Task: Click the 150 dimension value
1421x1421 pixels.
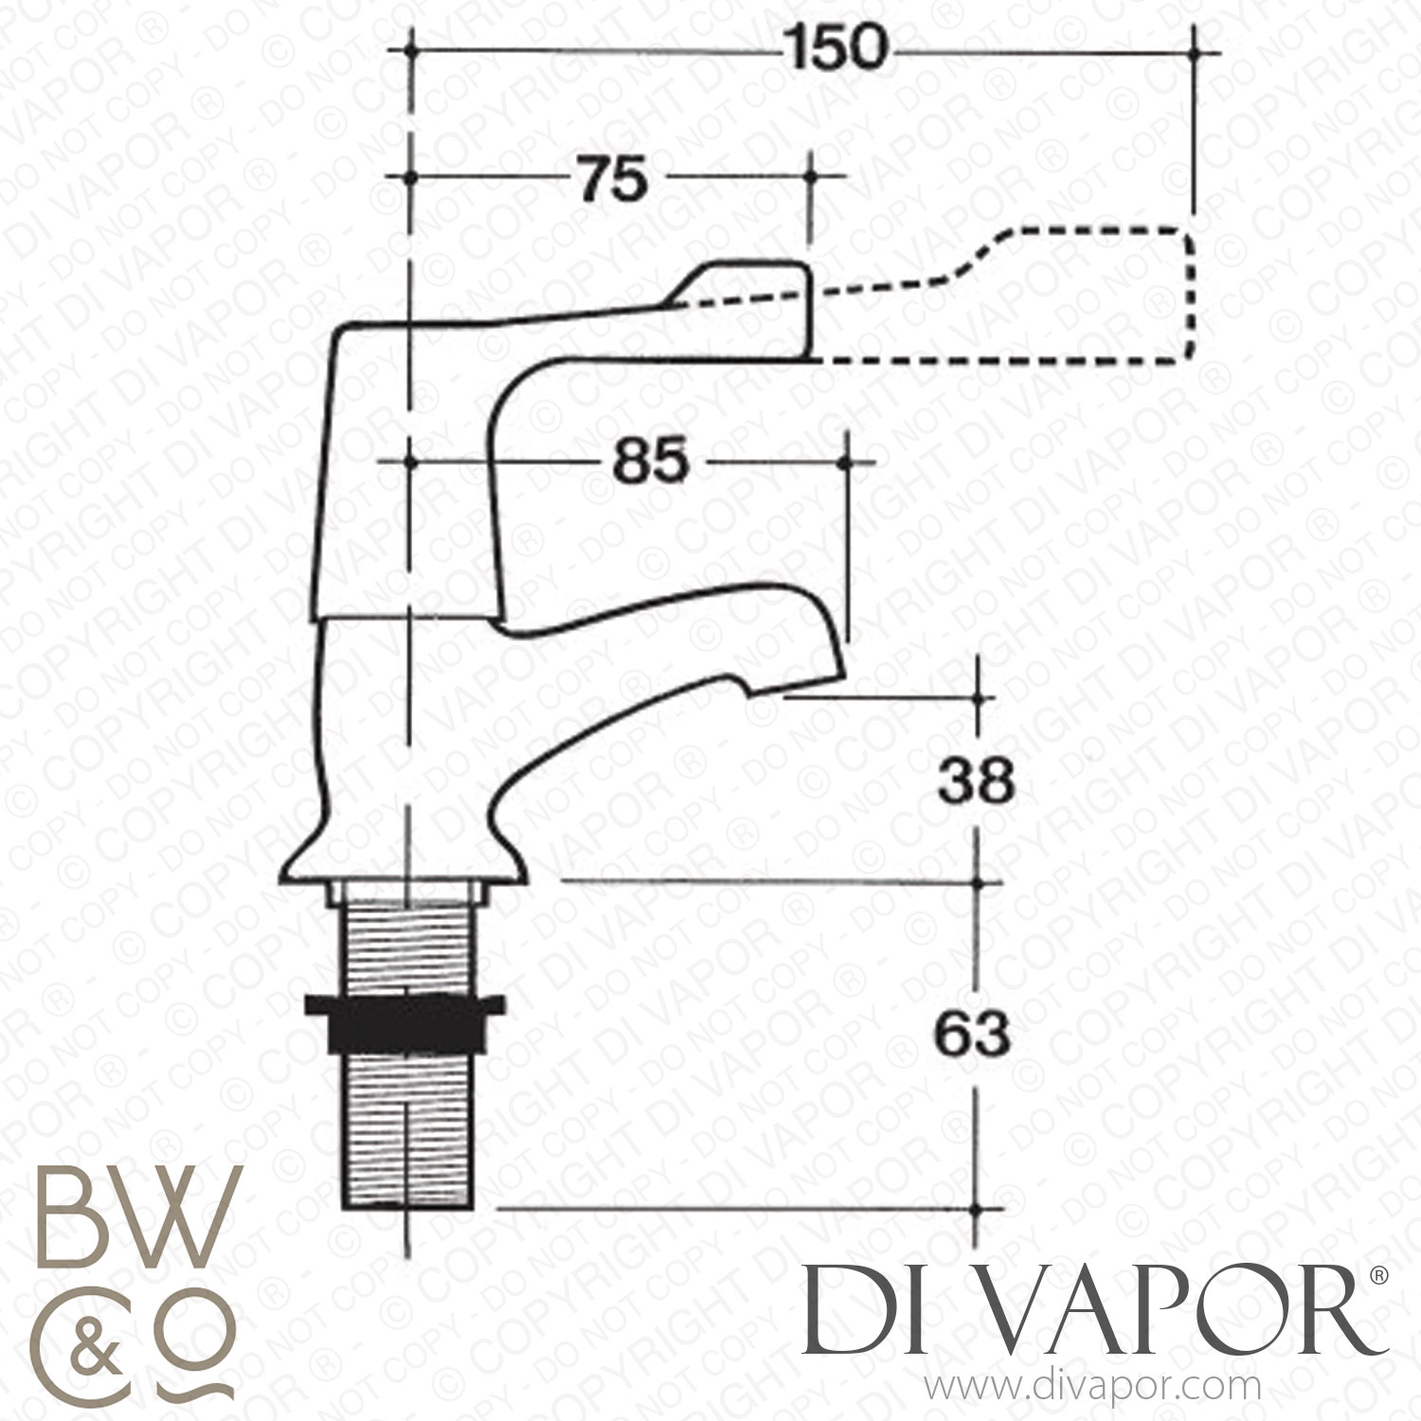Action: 836,48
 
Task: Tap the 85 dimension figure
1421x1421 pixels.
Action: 650,463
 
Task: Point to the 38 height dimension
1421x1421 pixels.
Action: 976,782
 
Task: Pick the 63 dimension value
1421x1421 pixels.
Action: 973,1035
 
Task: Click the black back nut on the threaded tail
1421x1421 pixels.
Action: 405,1024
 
